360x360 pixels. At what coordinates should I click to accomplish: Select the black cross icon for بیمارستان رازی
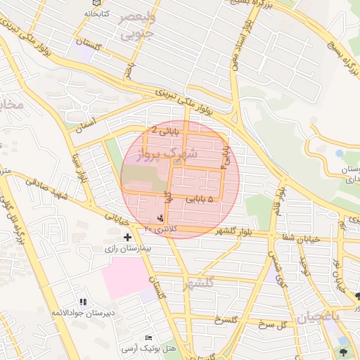tap(127, 238)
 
